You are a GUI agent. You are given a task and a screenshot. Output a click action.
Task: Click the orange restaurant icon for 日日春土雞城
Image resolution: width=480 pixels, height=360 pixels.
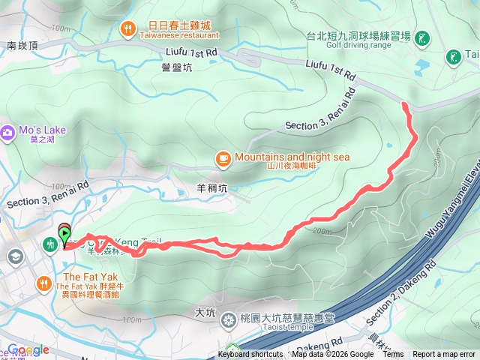[128, 28]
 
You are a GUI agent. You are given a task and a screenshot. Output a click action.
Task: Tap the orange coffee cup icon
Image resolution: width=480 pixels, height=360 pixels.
[223, 157]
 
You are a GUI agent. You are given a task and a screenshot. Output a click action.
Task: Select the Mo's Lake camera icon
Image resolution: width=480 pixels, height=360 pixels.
[7, 131]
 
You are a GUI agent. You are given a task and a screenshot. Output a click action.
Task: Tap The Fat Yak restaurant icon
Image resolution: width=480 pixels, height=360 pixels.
[43, 283]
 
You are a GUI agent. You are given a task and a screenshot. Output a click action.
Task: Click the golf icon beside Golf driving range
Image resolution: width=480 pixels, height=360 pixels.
[423, 37]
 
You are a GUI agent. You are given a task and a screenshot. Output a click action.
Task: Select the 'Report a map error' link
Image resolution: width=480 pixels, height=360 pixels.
[444, 355]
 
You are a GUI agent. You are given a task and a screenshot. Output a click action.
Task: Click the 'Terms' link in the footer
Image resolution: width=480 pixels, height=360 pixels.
[393, 355]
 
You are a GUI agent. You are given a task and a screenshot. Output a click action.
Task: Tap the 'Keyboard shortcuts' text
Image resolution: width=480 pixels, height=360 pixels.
[250, 355]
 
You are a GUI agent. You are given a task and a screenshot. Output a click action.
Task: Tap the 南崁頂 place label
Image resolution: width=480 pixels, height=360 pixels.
[22, 45]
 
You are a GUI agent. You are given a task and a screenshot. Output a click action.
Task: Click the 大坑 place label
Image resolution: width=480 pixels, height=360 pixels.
[205, 310]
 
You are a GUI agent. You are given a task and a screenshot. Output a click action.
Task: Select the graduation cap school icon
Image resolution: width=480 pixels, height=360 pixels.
[14, 256]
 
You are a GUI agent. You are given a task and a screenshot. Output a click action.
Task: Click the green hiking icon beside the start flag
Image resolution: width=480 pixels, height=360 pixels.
[50, 244]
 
